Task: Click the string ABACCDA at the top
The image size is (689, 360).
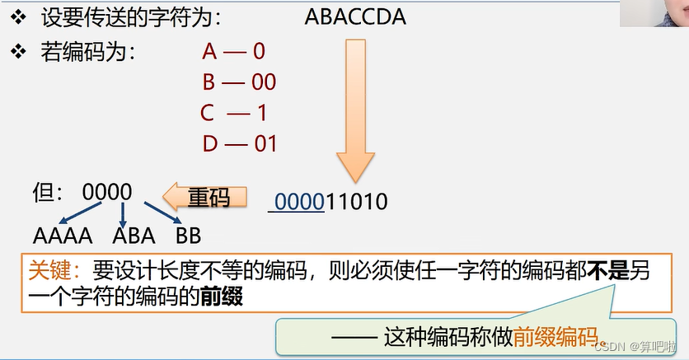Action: point(355,16)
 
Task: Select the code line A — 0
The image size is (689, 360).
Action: point(234,51)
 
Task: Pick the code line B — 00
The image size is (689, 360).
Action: point(239,82)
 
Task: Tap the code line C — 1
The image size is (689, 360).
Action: point(233,112)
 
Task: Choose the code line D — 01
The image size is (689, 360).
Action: point(239,143)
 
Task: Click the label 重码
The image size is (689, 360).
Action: point(207,198)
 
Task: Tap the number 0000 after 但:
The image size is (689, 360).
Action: point(107,192)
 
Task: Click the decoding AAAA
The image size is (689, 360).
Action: point(63,236)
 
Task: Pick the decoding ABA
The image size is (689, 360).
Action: point(134,236)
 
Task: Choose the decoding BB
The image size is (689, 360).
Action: point(188,236)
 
